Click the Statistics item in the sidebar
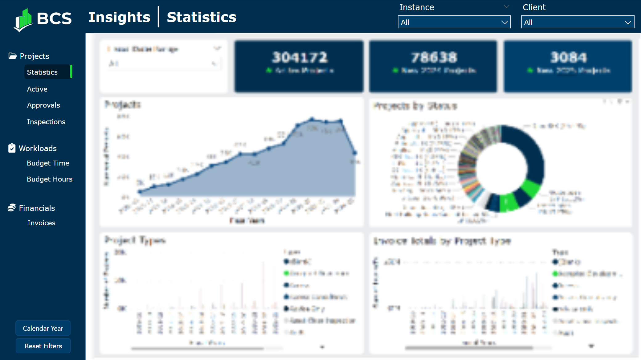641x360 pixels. tap(42, 72)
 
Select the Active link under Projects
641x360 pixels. tap(37, 89)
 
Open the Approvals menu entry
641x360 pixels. tap(43, 105)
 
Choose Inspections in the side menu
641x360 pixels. tap(46, 122)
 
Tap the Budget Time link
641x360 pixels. tap(48, 163)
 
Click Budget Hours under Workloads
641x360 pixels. tap(50, 179)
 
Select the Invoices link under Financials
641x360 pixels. tap(41, 223)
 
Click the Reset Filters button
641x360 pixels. tap(43, 346)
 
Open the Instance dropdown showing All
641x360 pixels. tap(454, 22)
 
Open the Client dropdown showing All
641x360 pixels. tap(577, 22)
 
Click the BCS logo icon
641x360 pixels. tap(23, 20)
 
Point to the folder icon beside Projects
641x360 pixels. tap(12, 56)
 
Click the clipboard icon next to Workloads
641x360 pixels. tap(12, 148)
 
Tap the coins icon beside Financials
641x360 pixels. tap(12, 208)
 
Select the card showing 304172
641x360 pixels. tap(299, 66)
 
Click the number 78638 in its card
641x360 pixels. tap(434, 57)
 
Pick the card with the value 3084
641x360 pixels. tap(568, 66)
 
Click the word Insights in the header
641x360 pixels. tap(119, 17)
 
